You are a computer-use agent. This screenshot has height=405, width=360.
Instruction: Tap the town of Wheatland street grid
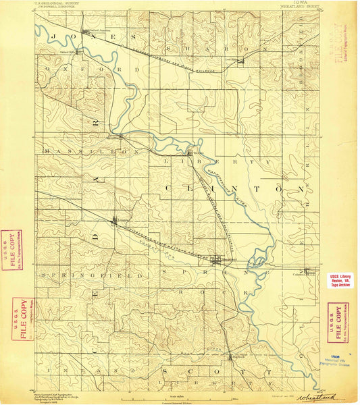(x=218, y=261)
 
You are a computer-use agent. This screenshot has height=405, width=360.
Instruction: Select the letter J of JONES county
(x=53, y=36)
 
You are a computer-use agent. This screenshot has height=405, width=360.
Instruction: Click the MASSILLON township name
(x=72, y=151)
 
